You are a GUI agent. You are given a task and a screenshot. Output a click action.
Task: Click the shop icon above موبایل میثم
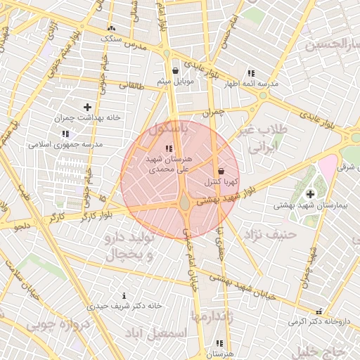(x=175, y=71)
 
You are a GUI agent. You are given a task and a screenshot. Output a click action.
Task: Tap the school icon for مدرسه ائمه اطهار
(x=251, y=73)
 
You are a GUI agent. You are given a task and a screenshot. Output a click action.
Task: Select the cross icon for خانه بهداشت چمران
(x=87, y=107)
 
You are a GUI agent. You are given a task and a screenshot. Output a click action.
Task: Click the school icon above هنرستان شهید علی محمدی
(x=168, y=148)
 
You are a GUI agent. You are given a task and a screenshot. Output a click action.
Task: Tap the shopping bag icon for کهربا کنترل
(x=221, y=171)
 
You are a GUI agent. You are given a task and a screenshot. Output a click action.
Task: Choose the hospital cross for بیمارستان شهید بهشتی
(x=310, y=194)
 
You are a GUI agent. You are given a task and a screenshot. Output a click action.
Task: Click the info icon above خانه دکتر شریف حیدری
(x=125, y=295)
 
